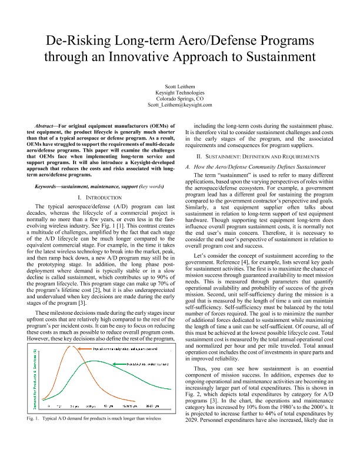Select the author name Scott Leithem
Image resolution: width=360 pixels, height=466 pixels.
179,86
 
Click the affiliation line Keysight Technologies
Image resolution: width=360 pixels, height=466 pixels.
179,92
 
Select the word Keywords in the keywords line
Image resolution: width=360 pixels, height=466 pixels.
50,185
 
